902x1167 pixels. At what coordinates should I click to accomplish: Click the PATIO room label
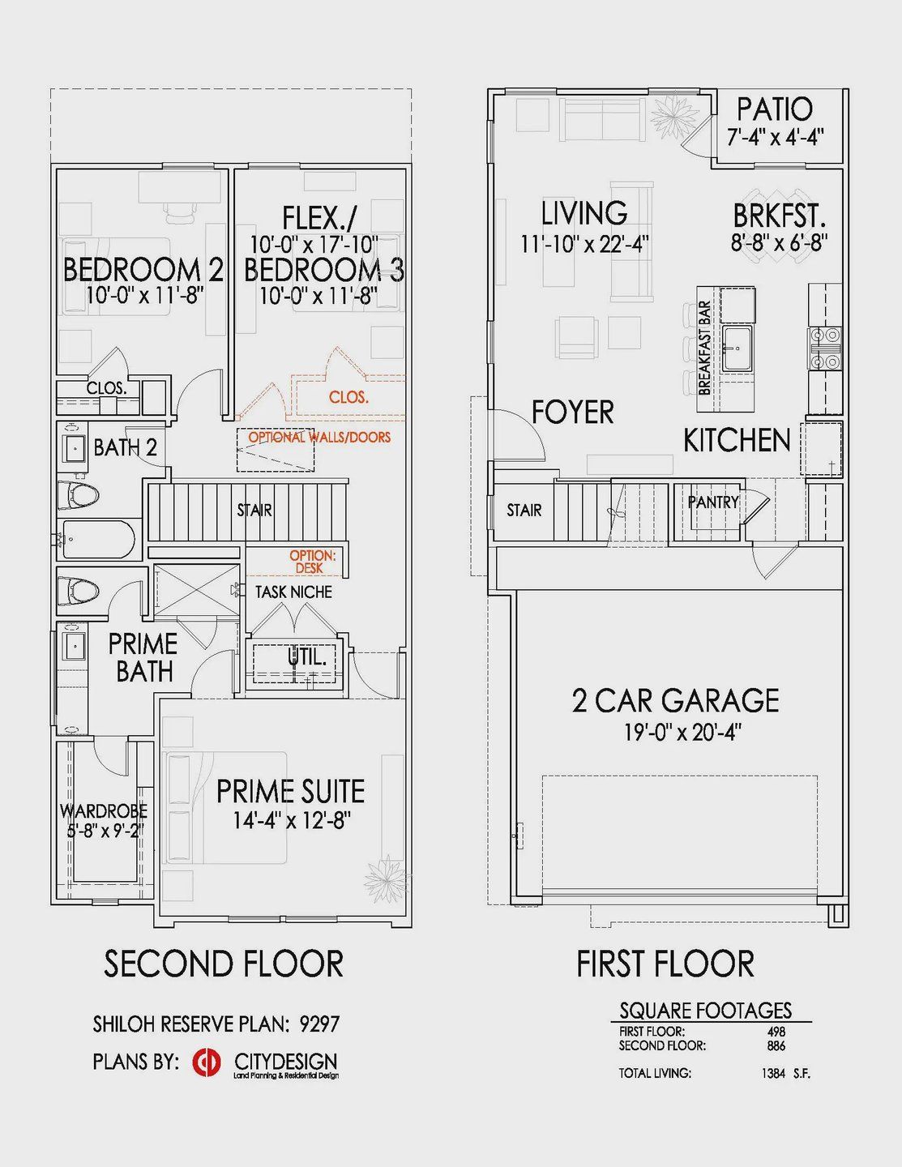(775, 109)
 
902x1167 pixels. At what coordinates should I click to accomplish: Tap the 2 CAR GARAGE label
(675, 700)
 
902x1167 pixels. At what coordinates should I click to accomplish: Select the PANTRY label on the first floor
(713, 502)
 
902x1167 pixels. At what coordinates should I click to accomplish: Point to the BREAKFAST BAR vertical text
(706, 348)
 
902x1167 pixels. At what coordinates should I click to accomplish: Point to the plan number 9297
(319, 1024)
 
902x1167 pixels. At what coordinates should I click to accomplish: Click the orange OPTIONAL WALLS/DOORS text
(319, 437)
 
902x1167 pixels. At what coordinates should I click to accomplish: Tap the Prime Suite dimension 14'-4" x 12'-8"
(292, 820)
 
